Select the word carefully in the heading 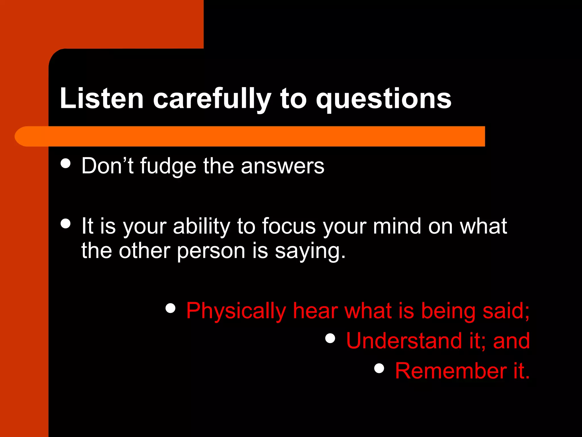click(212, 98)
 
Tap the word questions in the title click(384, 98)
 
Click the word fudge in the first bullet click(168, 166)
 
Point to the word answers click(282, 166)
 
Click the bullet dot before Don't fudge click(66, 164)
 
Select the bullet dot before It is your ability click(66, 224)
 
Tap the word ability click(201, 226)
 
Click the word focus click(289, 226)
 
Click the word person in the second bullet click(211, 251)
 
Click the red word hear click(315, 311)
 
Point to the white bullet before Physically click(170, 308)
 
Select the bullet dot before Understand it click(330, 338)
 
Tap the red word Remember click(451, 371)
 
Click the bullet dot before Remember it click(379, 368)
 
